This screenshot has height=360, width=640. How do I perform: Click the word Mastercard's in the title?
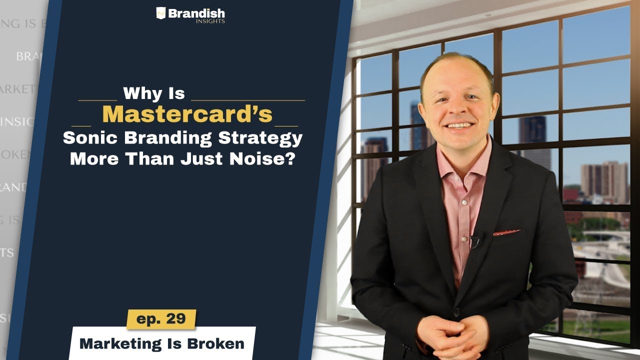click(187, 114)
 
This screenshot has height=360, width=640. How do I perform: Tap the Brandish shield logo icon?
click(160, 13)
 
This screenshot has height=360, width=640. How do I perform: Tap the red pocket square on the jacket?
click(506, 232)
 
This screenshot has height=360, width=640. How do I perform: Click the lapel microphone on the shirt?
click(475, 240)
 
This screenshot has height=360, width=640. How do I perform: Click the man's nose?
click(455, 108)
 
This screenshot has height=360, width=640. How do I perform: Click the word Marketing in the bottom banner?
click(119, 343)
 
